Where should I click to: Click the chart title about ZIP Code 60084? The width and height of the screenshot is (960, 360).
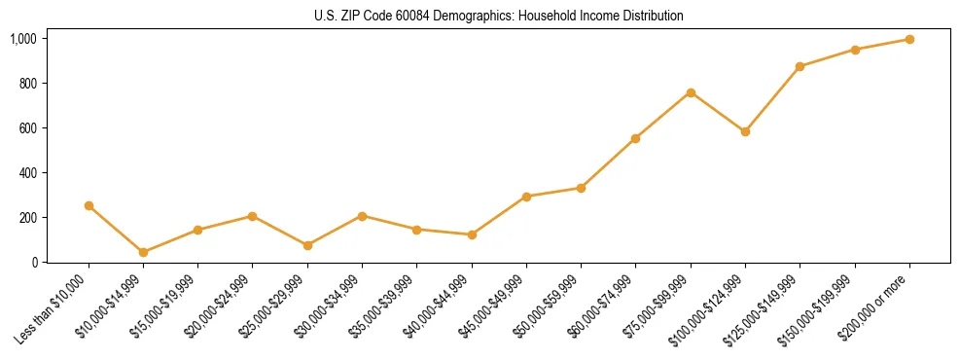click(499, 16)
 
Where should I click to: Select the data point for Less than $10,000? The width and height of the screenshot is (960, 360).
click(89, 205)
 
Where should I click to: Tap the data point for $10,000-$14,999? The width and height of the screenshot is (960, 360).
click(143, 252)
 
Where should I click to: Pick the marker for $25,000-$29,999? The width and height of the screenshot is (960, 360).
click(253, 245)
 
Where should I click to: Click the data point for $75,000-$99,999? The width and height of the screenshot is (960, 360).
click(691, 92)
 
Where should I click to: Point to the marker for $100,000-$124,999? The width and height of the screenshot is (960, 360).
click(745, 131)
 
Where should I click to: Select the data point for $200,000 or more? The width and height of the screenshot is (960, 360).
click(909, 39)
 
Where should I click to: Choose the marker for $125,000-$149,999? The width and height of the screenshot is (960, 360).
click(800, 66)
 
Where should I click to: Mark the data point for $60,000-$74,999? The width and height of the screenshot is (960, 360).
click(635, 138)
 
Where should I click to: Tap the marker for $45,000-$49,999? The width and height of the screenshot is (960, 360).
click(526, 197)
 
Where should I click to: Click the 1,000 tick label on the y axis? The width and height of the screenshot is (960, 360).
click(23, 39)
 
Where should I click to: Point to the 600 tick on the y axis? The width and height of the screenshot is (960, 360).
click(28, 128)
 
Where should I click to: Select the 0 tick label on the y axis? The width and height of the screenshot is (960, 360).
click(34, 263)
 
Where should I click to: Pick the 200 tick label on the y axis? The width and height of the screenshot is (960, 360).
click(28, 218)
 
